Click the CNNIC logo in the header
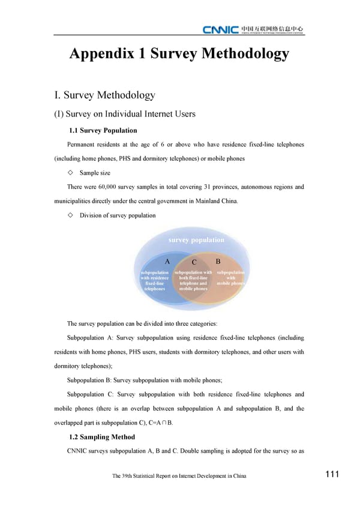click(220, 29)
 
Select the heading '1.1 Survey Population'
click(103, 130)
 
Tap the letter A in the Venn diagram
click(167, 262)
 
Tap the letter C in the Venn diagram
click(194, 263)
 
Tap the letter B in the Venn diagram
click(218, 262)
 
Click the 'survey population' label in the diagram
click(196, 240)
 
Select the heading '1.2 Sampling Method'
click(102, 437)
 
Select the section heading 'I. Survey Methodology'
click(106, 95)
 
